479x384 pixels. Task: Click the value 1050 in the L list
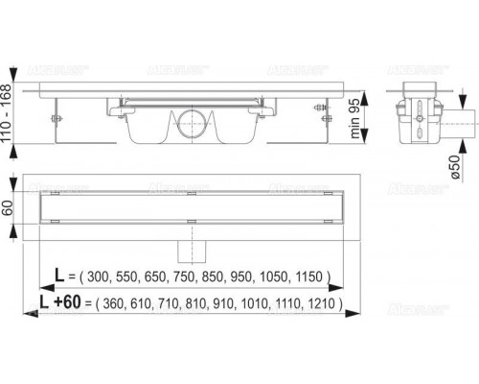(278, 276)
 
